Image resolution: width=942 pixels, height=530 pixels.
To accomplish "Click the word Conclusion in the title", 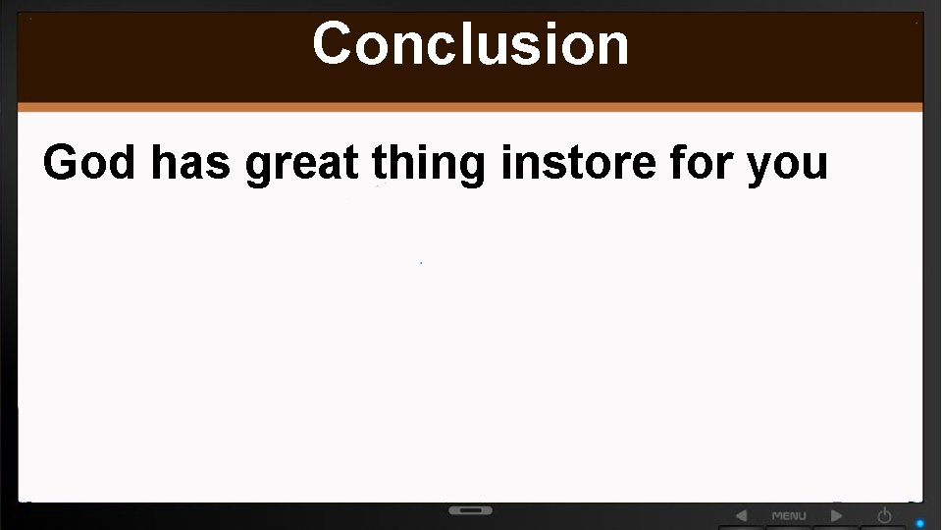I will point(471,44).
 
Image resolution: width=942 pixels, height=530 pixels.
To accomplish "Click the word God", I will point(88,162).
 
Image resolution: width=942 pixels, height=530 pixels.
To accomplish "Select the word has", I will point(190,162).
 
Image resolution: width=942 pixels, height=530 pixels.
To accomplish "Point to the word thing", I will point(428,164).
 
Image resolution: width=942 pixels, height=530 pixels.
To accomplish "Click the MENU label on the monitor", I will point(789,515).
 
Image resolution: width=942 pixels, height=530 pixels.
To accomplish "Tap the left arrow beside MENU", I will point(741,515).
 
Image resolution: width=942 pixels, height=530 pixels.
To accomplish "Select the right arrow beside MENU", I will point(837,515).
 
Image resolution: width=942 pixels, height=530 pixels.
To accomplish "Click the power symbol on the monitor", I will point(884,514).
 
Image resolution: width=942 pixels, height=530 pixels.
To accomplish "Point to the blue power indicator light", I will point(920,523).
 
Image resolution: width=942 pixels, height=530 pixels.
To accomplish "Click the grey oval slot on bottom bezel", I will point(471,510).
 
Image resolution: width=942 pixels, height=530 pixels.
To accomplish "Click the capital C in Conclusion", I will point(333,44).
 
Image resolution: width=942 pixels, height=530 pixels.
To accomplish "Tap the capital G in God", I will point(61,162).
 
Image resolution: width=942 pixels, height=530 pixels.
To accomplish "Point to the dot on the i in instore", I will point(506,146).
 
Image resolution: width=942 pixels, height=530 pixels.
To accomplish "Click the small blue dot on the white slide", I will point(421,263).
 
